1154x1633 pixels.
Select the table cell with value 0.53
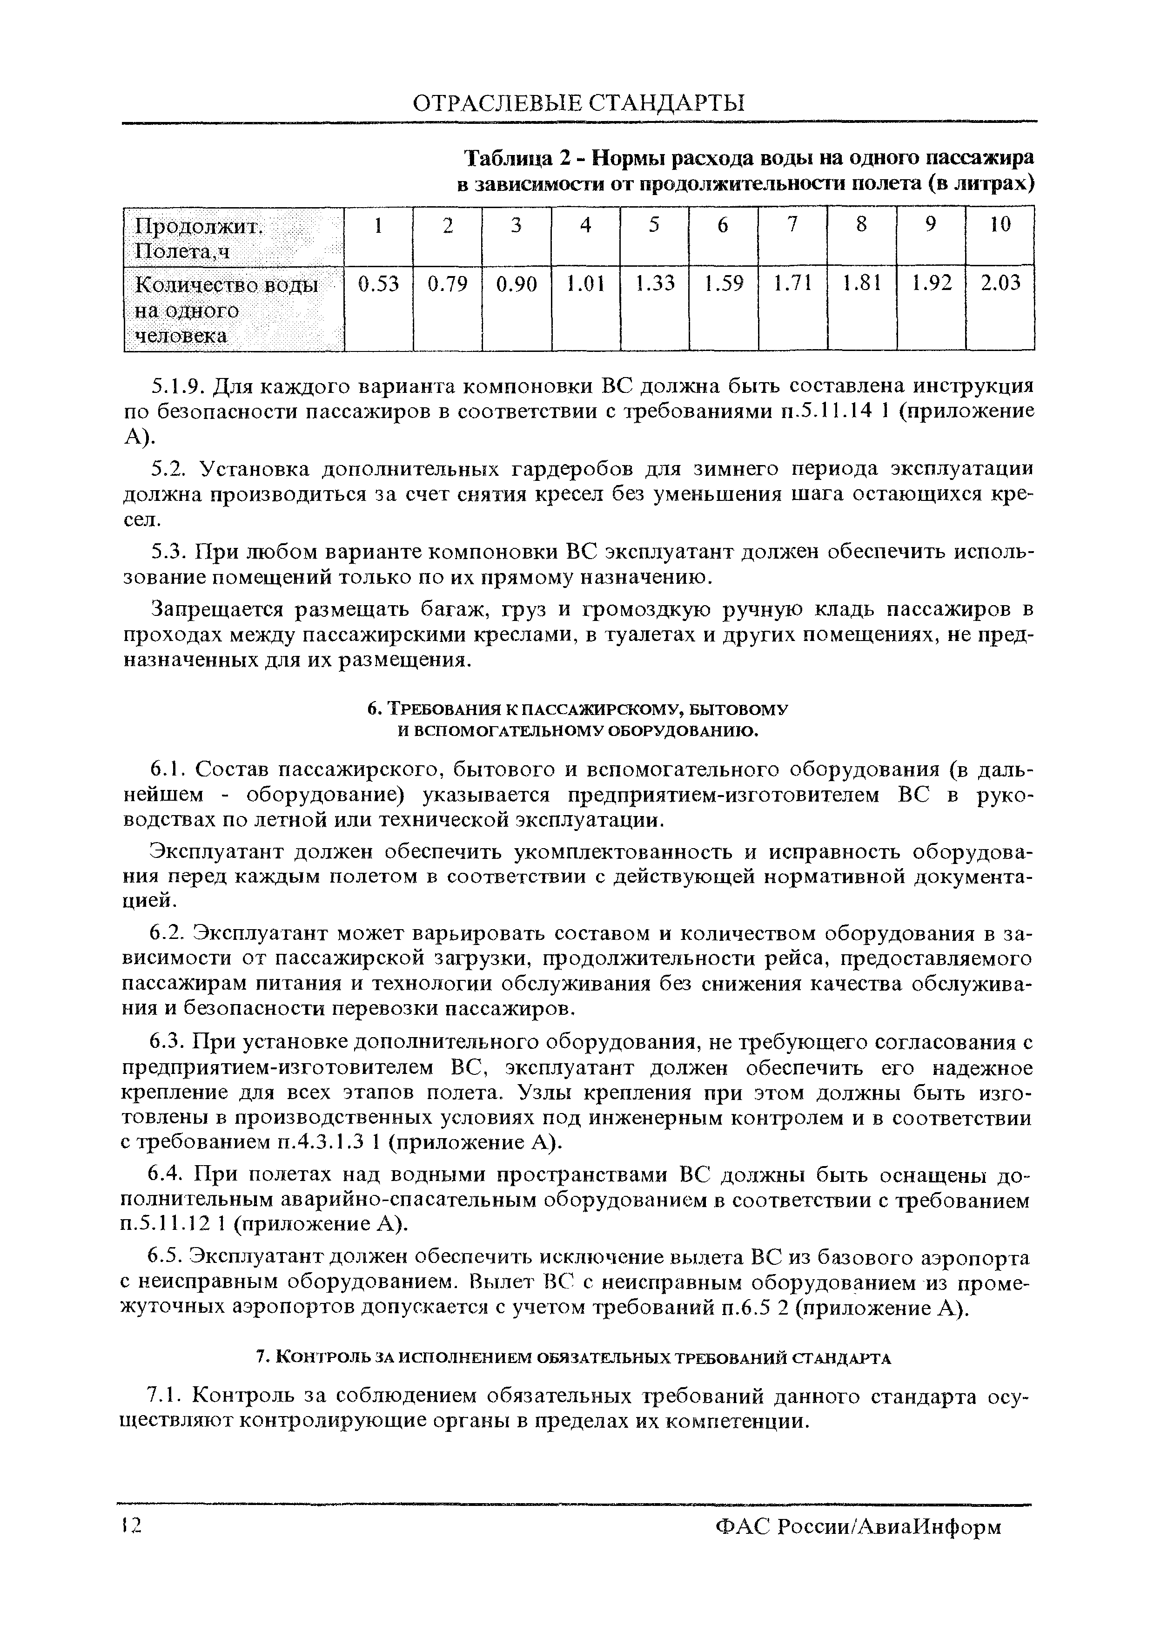click(378, 284)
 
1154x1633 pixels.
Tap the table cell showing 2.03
click(1000, 284)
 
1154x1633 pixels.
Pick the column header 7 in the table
click(792, 225)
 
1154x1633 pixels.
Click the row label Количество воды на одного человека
click(226, 310)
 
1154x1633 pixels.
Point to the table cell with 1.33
click(654, 284)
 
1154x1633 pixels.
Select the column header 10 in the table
click(1000, 225)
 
